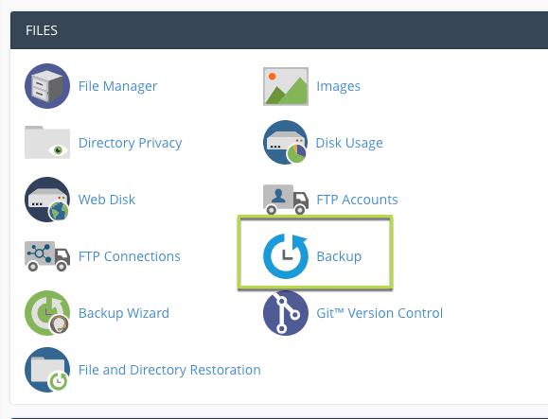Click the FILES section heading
click(42, 30)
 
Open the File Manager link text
click(117, 86)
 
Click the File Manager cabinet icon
click(47, 86)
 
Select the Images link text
click(338, 86)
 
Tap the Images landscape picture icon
click(286, 86)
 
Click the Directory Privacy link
click(130, 143)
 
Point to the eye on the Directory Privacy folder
click(58, 150)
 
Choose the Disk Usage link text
click(349, 143)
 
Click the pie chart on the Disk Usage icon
click(296, 153)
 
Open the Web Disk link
click(107, 200)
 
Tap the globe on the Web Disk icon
click(59, 211)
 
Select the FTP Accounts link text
click(357, 200)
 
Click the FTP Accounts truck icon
click(286, 200)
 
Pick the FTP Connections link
click(130, 256)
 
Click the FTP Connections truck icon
click(47, 256)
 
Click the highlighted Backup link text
click(339, 256)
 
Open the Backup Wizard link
click(124, 313)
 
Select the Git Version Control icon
click(286, 313)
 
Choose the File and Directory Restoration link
click(169, 370)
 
